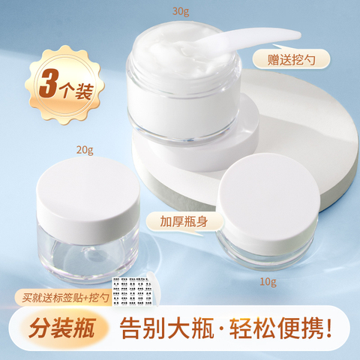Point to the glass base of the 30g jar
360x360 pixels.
click(184, 120)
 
